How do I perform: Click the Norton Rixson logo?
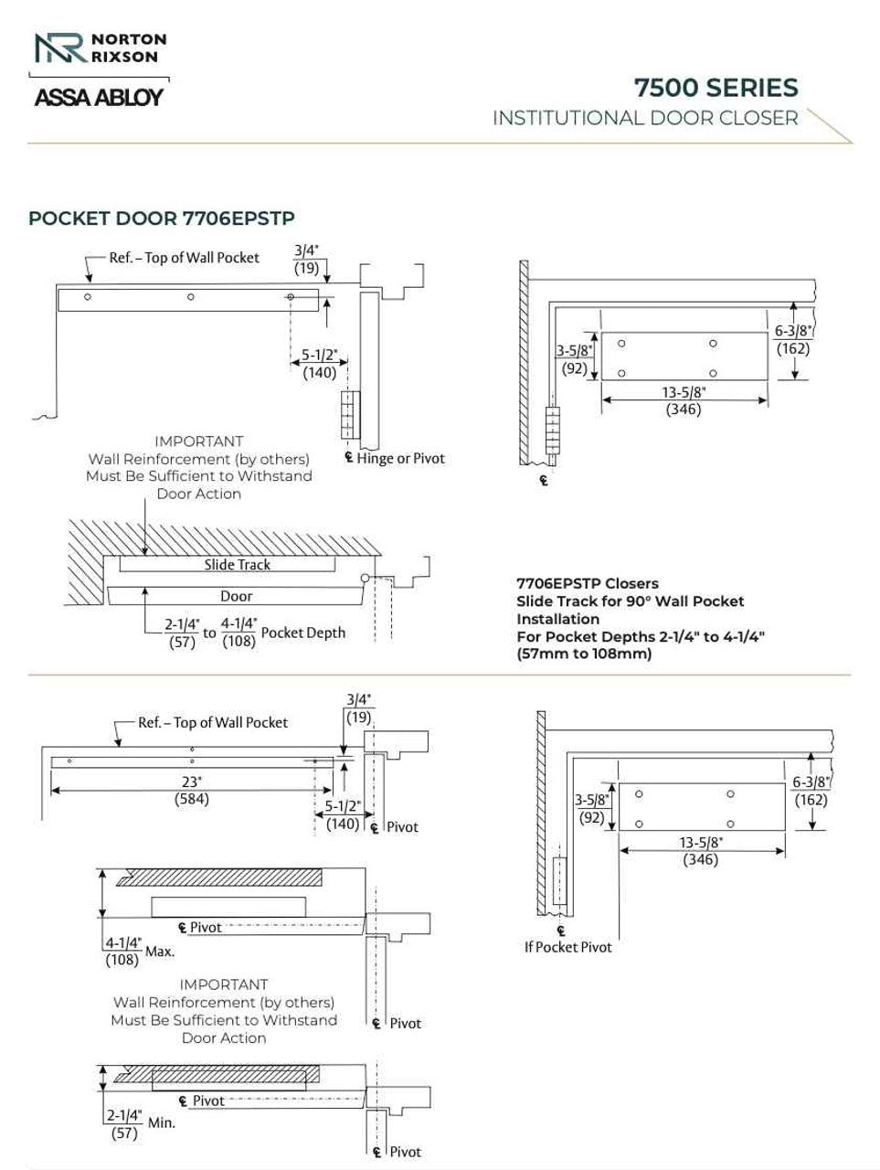coord(100,48)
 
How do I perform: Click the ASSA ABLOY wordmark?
coord(99,97)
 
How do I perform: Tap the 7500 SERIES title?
coord(716,88)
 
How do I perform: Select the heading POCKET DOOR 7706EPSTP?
coord(162,218)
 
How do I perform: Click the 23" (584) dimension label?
coord(192,791)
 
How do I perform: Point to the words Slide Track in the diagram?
coord(237,565)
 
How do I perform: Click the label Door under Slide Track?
coord(236,596)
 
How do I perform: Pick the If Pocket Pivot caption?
coord(567,947)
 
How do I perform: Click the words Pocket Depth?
coord(303,633)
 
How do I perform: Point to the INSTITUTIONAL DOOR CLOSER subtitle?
coord(645,118)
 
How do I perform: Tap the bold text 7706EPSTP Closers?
coord(588,583)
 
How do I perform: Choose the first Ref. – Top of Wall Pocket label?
coord(184,258)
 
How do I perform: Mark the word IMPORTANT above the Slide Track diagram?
coord(198,441)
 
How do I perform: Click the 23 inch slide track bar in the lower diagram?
coord(183,761)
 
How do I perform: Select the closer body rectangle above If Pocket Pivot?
coord(701,806)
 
